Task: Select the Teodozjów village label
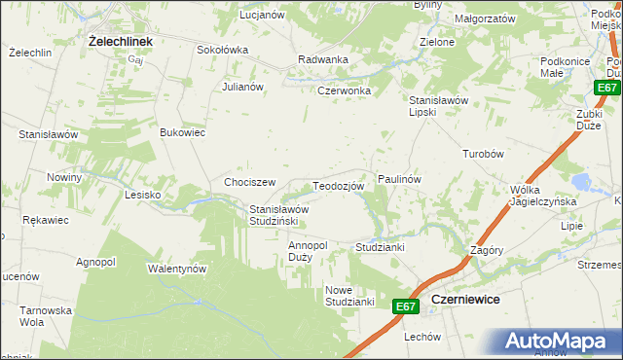point(338,186)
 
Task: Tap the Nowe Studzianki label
point(350,296)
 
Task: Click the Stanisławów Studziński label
point(279,215)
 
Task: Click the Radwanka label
point(323,59)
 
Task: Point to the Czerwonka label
point(344,91)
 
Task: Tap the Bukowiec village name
point(182,132)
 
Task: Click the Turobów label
point(482,155)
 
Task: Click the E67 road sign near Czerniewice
point(407,306)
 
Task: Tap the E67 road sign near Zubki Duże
point(607,89)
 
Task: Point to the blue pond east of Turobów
point(583,182)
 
